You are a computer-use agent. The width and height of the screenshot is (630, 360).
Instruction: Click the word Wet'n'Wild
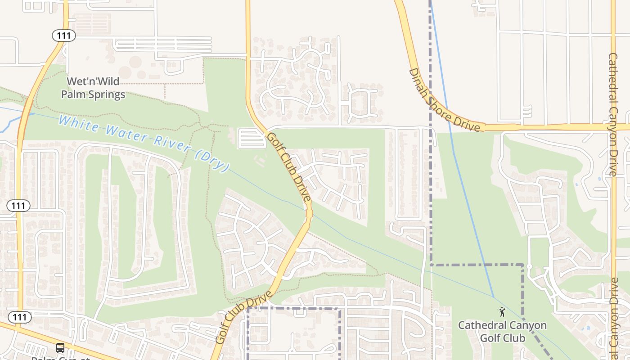click(x=93, y=81)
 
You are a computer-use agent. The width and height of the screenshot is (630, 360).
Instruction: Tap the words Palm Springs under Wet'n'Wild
click(x=93, y=95)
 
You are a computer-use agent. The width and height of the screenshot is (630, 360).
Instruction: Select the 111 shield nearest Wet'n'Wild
click(x=63, y=35)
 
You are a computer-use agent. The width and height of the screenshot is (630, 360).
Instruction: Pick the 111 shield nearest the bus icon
click(x=20, y=317)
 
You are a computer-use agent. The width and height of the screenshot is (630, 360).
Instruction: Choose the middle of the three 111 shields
click(x=18, y=206)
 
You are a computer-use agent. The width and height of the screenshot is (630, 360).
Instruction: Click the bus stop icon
click(x=60, y=348)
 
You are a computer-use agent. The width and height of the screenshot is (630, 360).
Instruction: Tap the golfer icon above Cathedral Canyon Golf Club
click(x=502, y=311)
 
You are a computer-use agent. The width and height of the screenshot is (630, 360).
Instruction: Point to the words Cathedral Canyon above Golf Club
click(x=502, y=325)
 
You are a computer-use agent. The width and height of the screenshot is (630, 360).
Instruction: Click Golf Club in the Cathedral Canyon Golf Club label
click(x=502, y=338)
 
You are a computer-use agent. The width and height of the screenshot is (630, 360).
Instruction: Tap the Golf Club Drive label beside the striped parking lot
click(x=288, y=166)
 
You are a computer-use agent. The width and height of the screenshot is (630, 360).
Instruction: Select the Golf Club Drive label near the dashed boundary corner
click(x=243, y=317)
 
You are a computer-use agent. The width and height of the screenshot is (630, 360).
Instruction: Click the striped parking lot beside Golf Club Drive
click(x=252, y=138)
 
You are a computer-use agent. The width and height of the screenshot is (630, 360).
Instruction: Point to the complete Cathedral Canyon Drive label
click(x=612, y=114)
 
